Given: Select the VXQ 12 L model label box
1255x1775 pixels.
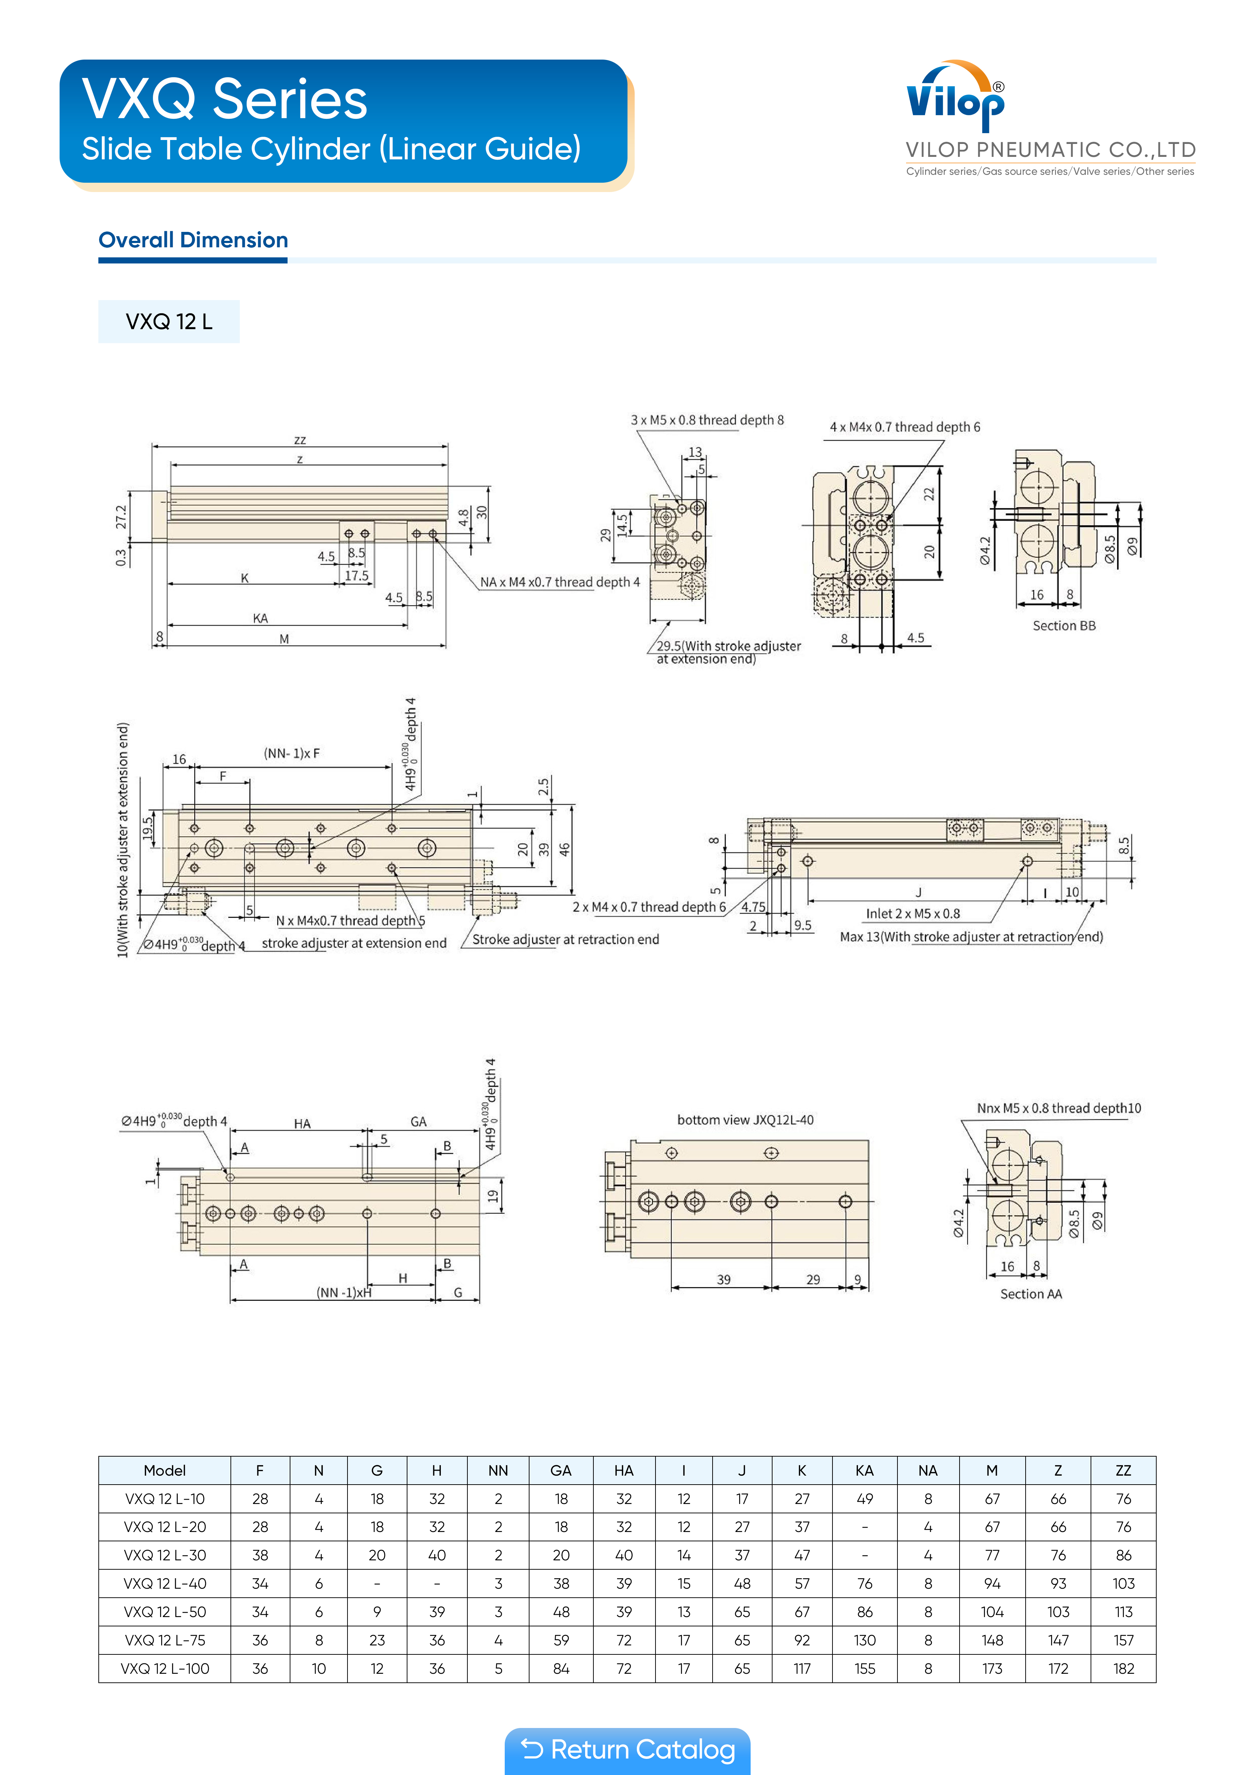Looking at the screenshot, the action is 169,322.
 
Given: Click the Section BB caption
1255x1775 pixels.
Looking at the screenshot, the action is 1064,625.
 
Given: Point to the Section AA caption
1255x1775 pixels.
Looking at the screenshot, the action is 1031,1294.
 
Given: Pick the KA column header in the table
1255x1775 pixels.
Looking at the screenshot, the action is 864,1470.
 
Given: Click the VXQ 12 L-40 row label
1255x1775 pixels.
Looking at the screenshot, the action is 165,1583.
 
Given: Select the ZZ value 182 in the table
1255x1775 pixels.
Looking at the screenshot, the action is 1124,1668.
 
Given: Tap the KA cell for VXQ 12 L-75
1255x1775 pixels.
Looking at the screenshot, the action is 864,1640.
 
